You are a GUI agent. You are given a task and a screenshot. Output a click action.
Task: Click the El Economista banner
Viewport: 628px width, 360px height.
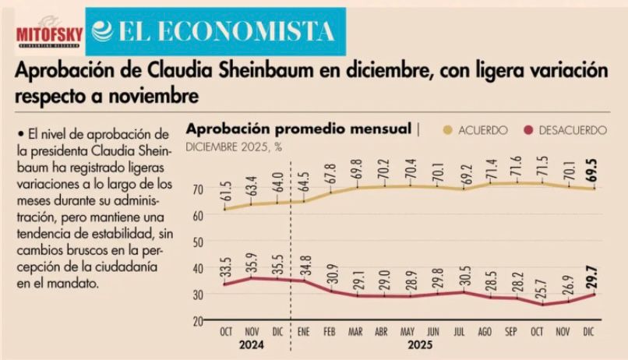coord(212,30)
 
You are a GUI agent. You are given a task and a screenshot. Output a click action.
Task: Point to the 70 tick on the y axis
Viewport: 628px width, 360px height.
coord(199,189)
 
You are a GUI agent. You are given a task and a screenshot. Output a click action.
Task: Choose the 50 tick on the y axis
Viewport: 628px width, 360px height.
coord(199,242)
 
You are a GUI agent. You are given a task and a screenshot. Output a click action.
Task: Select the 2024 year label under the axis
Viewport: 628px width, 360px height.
coord(252,343)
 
